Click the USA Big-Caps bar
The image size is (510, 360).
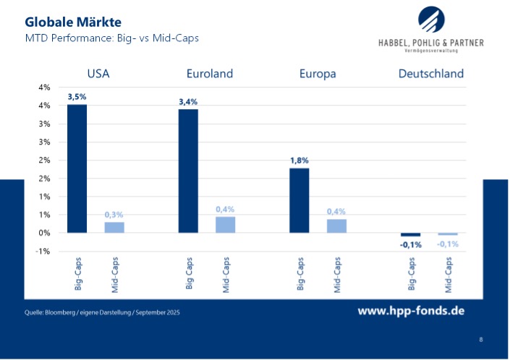click(77, 168)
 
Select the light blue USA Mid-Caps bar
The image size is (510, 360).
click(114, 227)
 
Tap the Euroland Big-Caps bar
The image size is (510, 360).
click(188, 171)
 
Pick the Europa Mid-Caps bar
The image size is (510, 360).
click(336, 226)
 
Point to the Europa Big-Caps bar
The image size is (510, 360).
click(299, 200)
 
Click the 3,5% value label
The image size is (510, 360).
click(77, 97)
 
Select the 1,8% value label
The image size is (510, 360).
click(299, 160)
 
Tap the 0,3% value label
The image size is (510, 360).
click(114, 215)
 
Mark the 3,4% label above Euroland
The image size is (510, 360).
click(188, 102)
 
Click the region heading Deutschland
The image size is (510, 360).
click(430, 74)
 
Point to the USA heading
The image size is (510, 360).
click(98, 74)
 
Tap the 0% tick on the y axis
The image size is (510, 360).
click(43, 233)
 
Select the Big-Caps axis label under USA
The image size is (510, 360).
click(77, 274)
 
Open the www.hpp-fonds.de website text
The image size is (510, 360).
click(411, 311)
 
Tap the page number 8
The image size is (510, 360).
click(481, 339)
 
